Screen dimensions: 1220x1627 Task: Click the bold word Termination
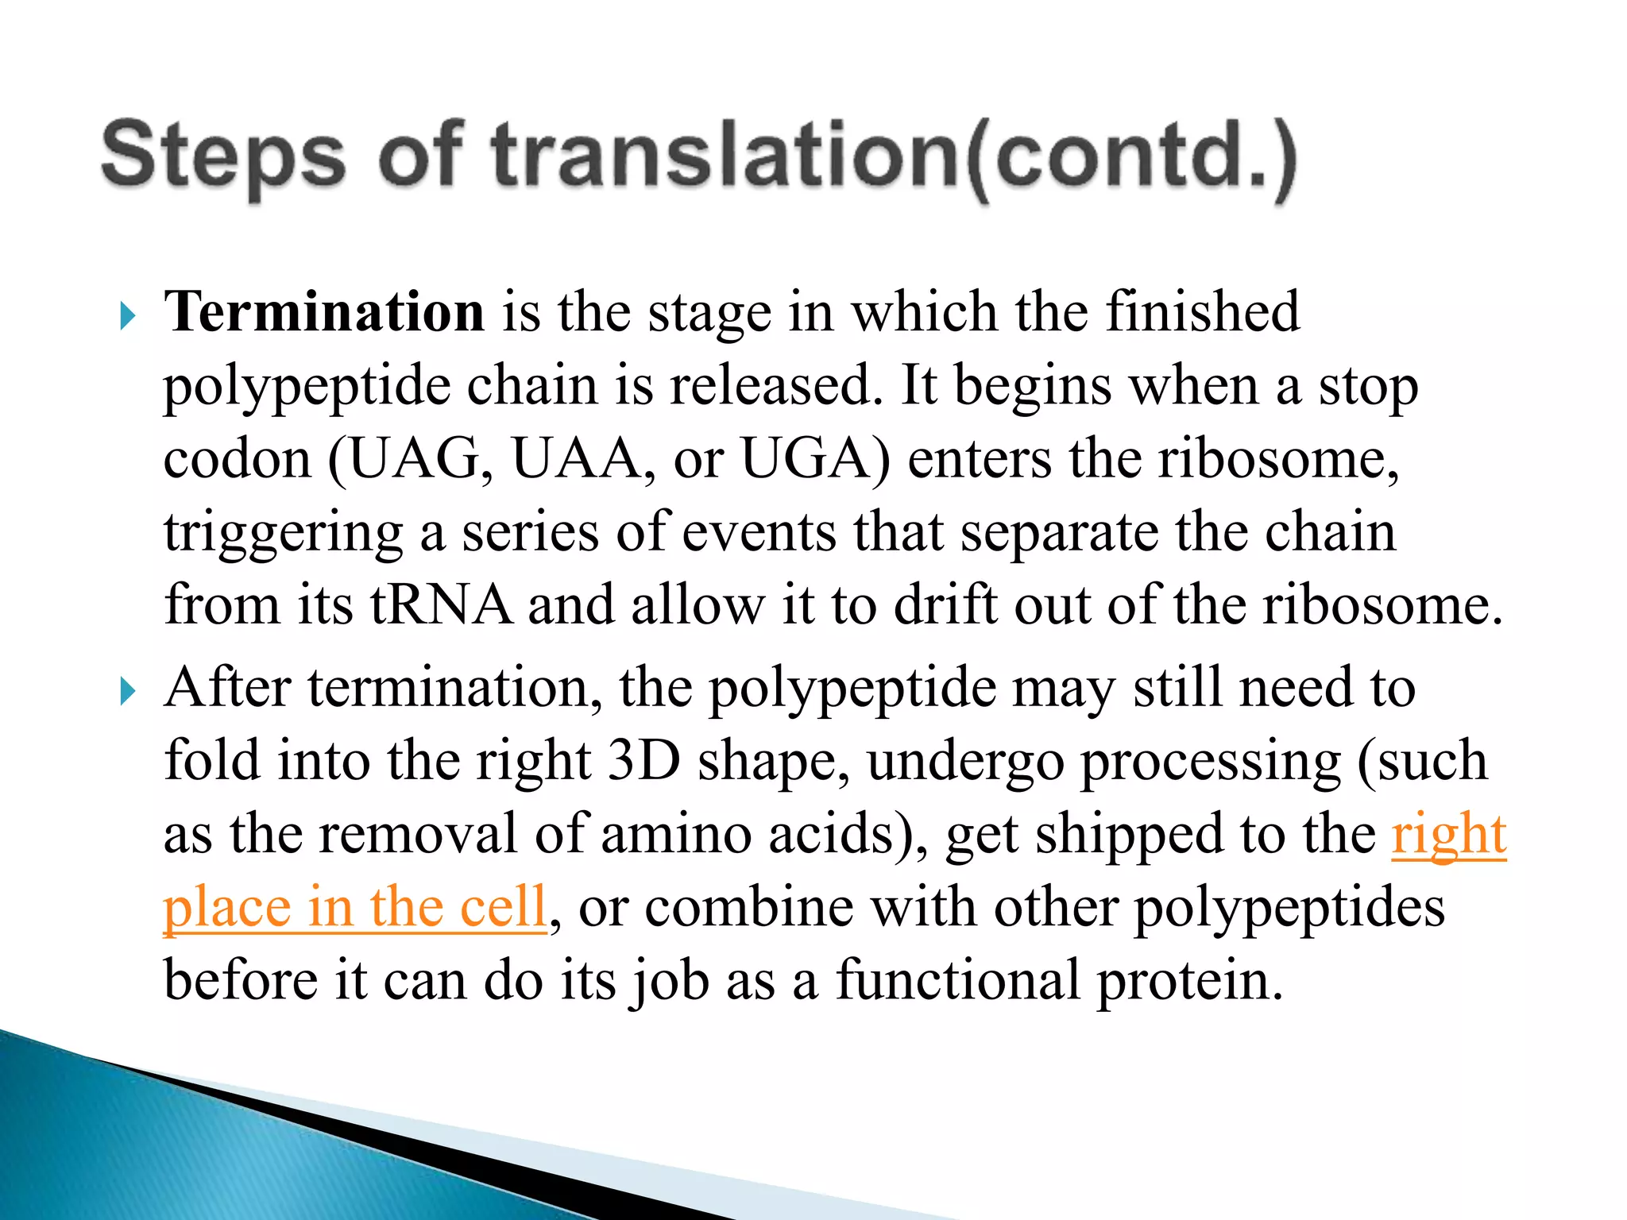tap(324, 311)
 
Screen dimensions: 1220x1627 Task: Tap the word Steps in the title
tap(223, 156)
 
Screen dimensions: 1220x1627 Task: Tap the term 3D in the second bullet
tap(643, 760)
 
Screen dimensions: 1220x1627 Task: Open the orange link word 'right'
tap(1448, 834)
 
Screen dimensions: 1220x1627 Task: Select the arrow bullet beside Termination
tap(127, 316)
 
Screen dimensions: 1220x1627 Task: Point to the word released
tap(775, 386)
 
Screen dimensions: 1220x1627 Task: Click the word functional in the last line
tap(957, 980)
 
